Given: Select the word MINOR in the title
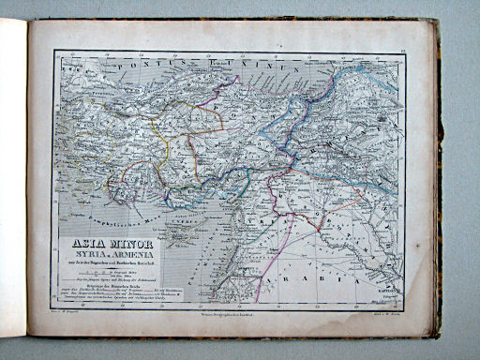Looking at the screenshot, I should coord(132,246).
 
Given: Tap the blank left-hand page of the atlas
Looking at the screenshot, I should coord(13,178).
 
